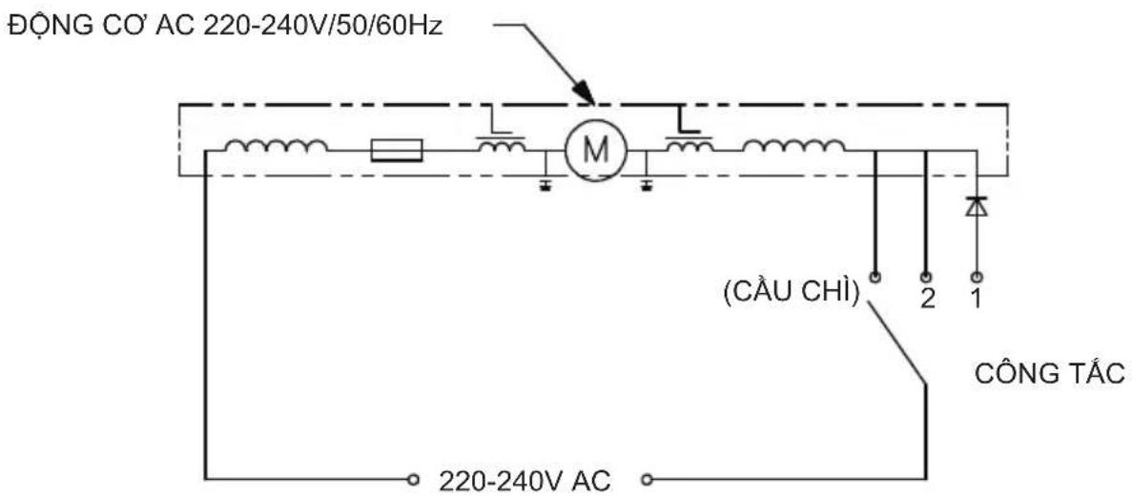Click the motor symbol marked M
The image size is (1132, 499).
coord(596,150)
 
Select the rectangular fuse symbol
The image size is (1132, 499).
coord(397,150)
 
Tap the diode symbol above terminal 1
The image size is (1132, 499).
coord(976,207)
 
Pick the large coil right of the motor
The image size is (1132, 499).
coord(794,146)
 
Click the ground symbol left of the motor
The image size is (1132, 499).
coord(545,186)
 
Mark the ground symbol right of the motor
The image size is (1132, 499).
coord(647,186)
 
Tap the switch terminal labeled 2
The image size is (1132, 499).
coord(925,278)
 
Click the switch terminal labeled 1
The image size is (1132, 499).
coord(976,278)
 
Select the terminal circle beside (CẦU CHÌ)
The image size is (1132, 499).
coord(875,278)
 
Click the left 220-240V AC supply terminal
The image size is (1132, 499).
coord(413,479)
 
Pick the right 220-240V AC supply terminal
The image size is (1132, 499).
coord(647,479)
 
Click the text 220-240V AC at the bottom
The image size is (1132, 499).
coord(525,480)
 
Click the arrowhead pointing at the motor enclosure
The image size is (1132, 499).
coord(584,91)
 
